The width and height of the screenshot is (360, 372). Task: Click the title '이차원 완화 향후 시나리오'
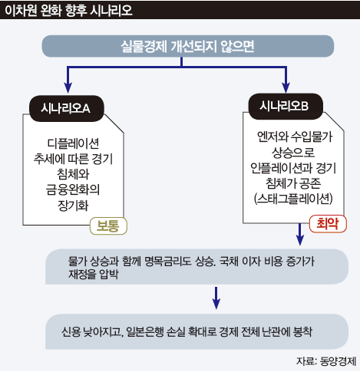click(x=68, y=10)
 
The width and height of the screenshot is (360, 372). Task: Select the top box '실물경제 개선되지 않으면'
click(x=188, y=46)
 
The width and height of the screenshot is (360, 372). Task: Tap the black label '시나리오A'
click(x=67, y=108)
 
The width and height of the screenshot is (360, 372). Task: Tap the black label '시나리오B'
click(x=286, y=106)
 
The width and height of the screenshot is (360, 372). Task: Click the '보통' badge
click(x=108, y=226)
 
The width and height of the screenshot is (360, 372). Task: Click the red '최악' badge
click(x=328, y=223)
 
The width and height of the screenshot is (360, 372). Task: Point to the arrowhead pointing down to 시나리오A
click(x=68, y=88)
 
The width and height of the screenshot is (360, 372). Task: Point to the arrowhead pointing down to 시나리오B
click(x=286, y=88)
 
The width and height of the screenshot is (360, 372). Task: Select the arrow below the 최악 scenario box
click(x=299, y=234)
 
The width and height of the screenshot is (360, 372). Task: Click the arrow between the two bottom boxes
click(x=216, y=298)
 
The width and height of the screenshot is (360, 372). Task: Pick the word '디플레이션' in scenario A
click(x=73, y=143)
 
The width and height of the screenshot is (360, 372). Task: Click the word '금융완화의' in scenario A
click(x=73, y=189)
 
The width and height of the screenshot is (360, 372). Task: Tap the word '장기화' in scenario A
click(x=73, y=206)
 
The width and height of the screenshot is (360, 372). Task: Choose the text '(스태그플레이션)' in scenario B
click(x=293, y=199)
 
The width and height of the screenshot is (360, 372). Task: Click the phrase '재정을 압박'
click(x=94, y=275)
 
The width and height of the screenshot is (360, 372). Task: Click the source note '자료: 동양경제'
click(x=326, y=361)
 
